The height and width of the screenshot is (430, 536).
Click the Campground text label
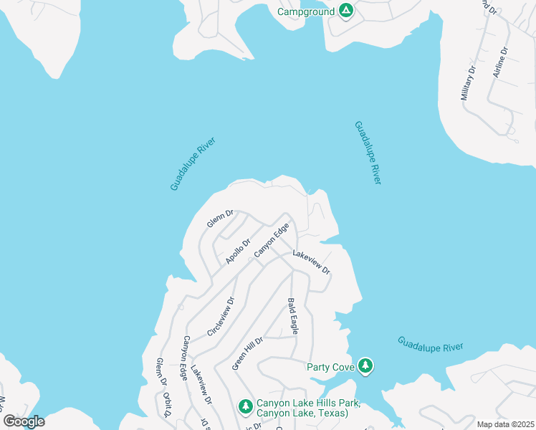pyautogui.click(x=306, y=11)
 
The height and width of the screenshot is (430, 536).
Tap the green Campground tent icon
pyautogui.click(x=345, y=11)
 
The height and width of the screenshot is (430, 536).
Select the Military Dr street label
pyautogui.click(x=469, y=84)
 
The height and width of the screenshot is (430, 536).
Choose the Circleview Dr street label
pyautogui.click(x=221, y=317)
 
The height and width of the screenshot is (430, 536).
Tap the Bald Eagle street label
pyautogui.click(x=292, y=315)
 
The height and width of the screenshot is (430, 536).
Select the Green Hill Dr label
pyautogui.click(x=248, y=353)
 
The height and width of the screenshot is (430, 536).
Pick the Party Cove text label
pyautogui.click(x=330, y=367)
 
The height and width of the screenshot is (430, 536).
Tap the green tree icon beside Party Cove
pyautogui.click(x=366, y=366)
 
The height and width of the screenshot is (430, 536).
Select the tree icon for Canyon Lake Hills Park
pyautogui.click(x=245, y=407)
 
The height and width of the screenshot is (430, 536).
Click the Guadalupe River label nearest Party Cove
pyautogui.click(x=430, y=344)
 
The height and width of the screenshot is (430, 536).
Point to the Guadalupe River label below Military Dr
pyautogui.click(x=367, y=152)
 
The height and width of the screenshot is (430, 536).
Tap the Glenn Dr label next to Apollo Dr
pyautogui.click(x=221, y=219)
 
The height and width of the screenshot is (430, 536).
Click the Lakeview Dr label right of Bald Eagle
pyautogui.click(x=311, y=262)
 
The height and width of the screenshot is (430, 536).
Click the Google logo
pyautogui.click(x=24, y=421)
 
